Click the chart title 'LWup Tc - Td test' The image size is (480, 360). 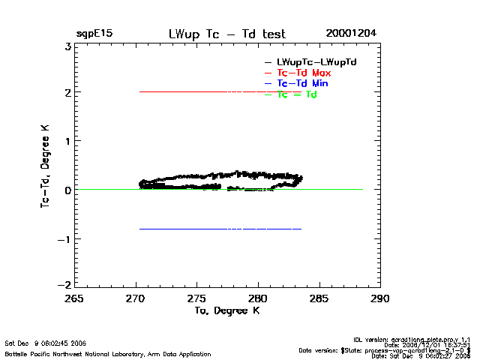click(227, 34)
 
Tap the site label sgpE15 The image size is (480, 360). click(94, 34)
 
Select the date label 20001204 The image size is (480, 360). click(351, 34)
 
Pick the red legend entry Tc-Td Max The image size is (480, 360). click(304, 72)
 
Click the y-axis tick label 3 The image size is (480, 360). click(67, 46)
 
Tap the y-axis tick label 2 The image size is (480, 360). click(67, 93)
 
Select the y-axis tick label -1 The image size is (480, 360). click(65, 239)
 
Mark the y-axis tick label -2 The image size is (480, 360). click(65, 286)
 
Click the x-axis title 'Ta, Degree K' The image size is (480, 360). click(226, 310)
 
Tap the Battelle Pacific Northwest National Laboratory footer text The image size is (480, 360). click(108, 353)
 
